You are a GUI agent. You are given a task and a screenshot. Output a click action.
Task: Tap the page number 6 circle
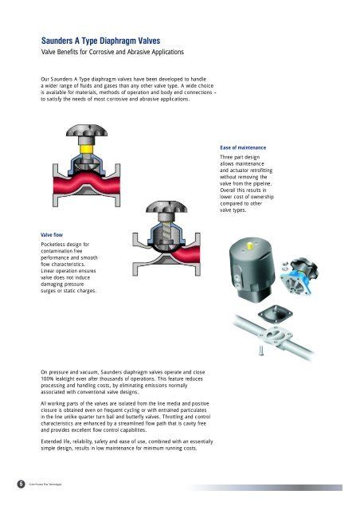tap(7, 484)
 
